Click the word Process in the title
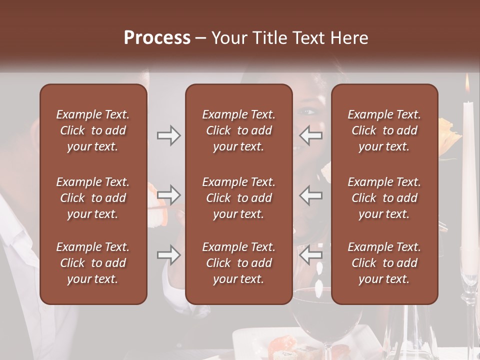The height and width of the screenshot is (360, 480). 157,38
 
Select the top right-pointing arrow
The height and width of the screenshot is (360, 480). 169,135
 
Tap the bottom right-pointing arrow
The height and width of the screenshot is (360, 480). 169,255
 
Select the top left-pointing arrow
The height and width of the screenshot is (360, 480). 311,135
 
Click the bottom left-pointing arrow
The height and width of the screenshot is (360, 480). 311,255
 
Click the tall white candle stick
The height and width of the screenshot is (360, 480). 468,170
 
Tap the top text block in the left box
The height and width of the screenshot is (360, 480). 93,130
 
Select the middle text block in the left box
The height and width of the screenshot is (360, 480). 93,198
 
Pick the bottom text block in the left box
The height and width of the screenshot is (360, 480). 93,263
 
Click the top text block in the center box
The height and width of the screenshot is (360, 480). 239,130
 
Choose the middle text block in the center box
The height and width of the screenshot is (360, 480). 239,198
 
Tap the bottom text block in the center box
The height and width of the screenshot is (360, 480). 239,263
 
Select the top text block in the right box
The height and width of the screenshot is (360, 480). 384,130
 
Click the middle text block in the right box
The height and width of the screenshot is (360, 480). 384,198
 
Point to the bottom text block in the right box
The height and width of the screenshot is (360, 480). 384,263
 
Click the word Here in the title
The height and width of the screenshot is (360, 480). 350,38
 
